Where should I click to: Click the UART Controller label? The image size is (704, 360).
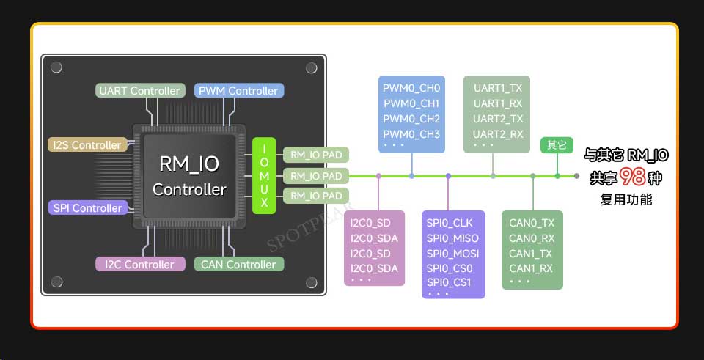140,91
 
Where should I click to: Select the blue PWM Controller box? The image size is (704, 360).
239,91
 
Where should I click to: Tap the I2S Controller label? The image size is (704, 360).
87,145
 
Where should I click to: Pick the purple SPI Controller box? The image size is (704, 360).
87,207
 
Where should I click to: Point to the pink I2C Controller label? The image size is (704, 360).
140,264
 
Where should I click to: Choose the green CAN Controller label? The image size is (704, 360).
239,264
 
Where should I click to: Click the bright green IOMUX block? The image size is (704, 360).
264,175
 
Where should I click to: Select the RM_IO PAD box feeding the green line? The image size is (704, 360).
316,175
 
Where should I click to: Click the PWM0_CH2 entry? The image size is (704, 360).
411,119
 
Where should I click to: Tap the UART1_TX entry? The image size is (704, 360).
498,89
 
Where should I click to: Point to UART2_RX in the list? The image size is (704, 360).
498,134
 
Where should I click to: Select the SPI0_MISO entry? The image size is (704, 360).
452,238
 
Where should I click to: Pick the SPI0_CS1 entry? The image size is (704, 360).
449,282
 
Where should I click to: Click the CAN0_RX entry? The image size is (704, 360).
532,238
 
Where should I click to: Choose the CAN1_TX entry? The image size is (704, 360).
530,254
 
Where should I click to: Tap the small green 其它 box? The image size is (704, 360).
557,145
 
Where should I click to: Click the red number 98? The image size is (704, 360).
633,177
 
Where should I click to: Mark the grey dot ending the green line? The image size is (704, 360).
576,176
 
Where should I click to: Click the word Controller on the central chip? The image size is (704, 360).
189,189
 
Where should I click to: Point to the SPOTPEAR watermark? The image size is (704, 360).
309,227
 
